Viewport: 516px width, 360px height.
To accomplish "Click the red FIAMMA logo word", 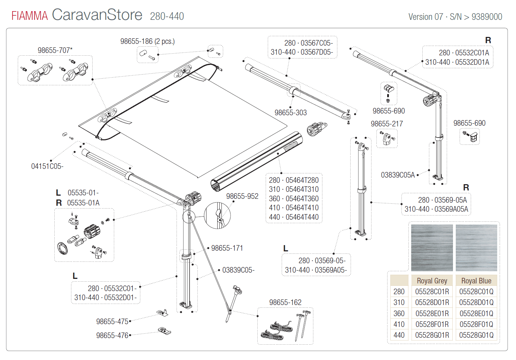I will click(x=30, y=16).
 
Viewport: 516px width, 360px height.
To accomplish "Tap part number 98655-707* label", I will click(x=55, y=50).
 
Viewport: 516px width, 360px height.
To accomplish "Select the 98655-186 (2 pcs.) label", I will click(x=147, y=41).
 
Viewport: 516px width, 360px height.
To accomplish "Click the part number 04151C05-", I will click(x=47, y=166).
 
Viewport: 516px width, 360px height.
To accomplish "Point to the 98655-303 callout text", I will click(x=290, y=113).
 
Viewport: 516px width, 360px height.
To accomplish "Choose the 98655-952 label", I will click(x=242, y=196).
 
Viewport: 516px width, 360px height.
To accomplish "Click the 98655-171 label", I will click(x=227, y=248).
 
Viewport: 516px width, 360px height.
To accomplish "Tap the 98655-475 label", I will click(x=112, y=322).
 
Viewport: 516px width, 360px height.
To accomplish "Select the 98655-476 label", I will click(x=112, y=336).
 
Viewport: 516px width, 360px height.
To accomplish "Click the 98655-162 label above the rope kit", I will click(x=285, y=303).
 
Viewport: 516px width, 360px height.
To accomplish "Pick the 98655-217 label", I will click(x=386, y=124).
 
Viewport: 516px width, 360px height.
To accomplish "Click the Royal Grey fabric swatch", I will click(x=432, y=248).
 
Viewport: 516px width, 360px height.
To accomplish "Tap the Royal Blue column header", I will click(x=476, y=281).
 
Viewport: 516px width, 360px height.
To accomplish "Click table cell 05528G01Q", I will click(x=476, y=335).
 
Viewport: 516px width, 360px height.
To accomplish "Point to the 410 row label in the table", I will click(x=399, y=324).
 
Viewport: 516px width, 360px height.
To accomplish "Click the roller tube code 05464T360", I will click(x=302, y=199).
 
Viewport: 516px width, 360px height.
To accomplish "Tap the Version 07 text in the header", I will click(x=425, y=17).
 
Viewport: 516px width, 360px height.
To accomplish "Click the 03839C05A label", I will click(x=398, y=175).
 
